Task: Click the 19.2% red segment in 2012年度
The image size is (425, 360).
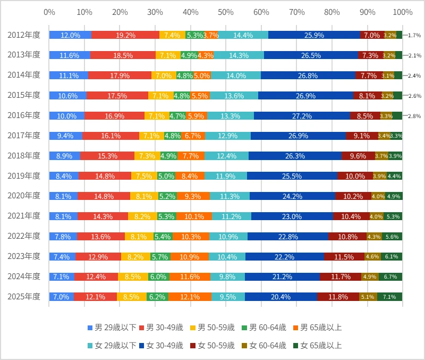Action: click(x=125, y=35)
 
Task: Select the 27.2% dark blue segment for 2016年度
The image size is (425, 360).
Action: click(x=302, y=116)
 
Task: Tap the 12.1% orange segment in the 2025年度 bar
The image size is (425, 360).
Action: click(x=190, y=297)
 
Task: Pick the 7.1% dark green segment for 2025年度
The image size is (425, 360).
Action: click(x=390, y=297)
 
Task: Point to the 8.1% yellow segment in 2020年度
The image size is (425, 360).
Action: click(x=144, y=196)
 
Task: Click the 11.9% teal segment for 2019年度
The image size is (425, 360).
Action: click(x=226, y=176)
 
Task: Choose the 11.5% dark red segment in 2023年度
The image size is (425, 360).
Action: click(x=344, y=257)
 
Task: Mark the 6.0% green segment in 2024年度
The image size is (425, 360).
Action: click(x=159, y=277)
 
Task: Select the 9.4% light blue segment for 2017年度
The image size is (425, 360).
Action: click(x=65, y=136)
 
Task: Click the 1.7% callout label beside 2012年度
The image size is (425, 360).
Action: click(x=414, y=35)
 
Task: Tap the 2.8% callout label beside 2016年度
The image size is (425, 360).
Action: click(x=414, y=116)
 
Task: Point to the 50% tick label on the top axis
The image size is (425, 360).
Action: click(x=225, y=12)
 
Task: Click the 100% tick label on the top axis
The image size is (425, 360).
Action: click(x=403, y=12)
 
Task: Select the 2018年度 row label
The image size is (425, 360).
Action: click(x=24, y=156)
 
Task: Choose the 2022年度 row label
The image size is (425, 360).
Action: click(x=24, y=236)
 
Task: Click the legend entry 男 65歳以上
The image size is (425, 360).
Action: click(x=317, y=328)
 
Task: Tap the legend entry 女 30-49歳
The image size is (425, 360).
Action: click(x=162, y=346)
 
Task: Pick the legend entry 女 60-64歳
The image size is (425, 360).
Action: click(x=265, y=346)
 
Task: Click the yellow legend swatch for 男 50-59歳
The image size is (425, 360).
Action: click(x=193, y=328)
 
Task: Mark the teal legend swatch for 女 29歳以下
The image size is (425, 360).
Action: click(x=90, y=346)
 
